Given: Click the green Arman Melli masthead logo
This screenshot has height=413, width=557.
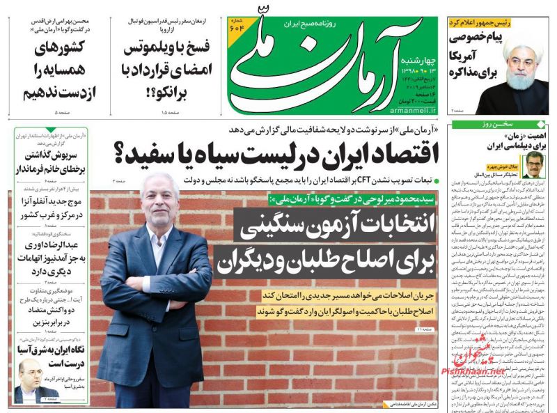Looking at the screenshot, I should point(327,63).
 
